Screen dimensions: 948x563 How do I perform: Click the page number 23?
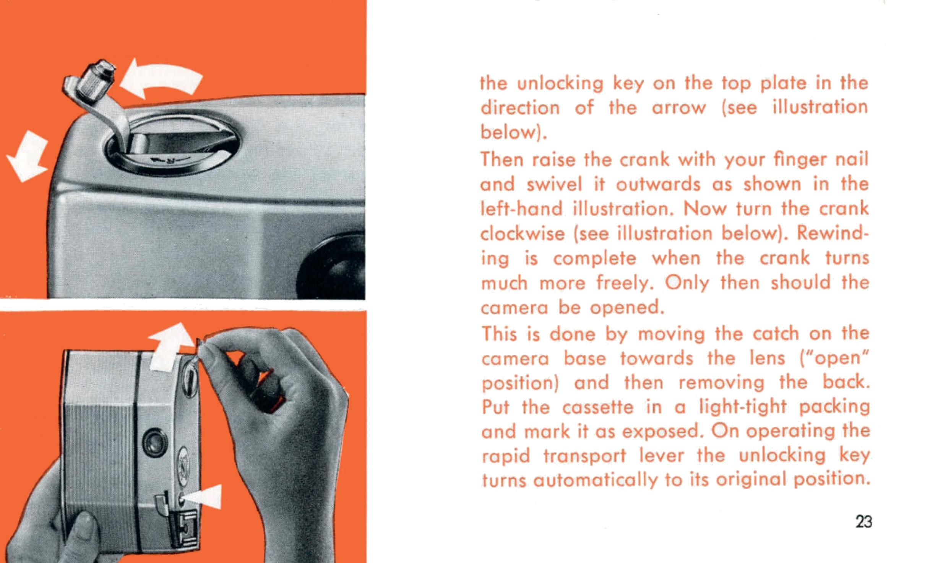[x=864, y=522]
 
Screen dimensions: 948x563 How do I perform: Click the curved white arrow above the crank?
[x=161, y=80]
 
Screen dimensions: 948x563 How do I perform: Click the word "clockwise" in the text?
[x=522, y=233]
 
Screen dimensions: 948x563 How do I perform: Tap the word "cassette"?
[x=598, y=407]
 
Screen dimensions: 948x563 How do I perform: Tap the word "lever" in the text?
[x=662, y=456]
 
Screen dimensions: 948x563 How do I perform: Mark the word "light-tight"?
[x=743, y=407]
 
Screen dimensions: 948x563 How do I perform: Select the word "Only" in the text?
[x=687, y=283]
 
